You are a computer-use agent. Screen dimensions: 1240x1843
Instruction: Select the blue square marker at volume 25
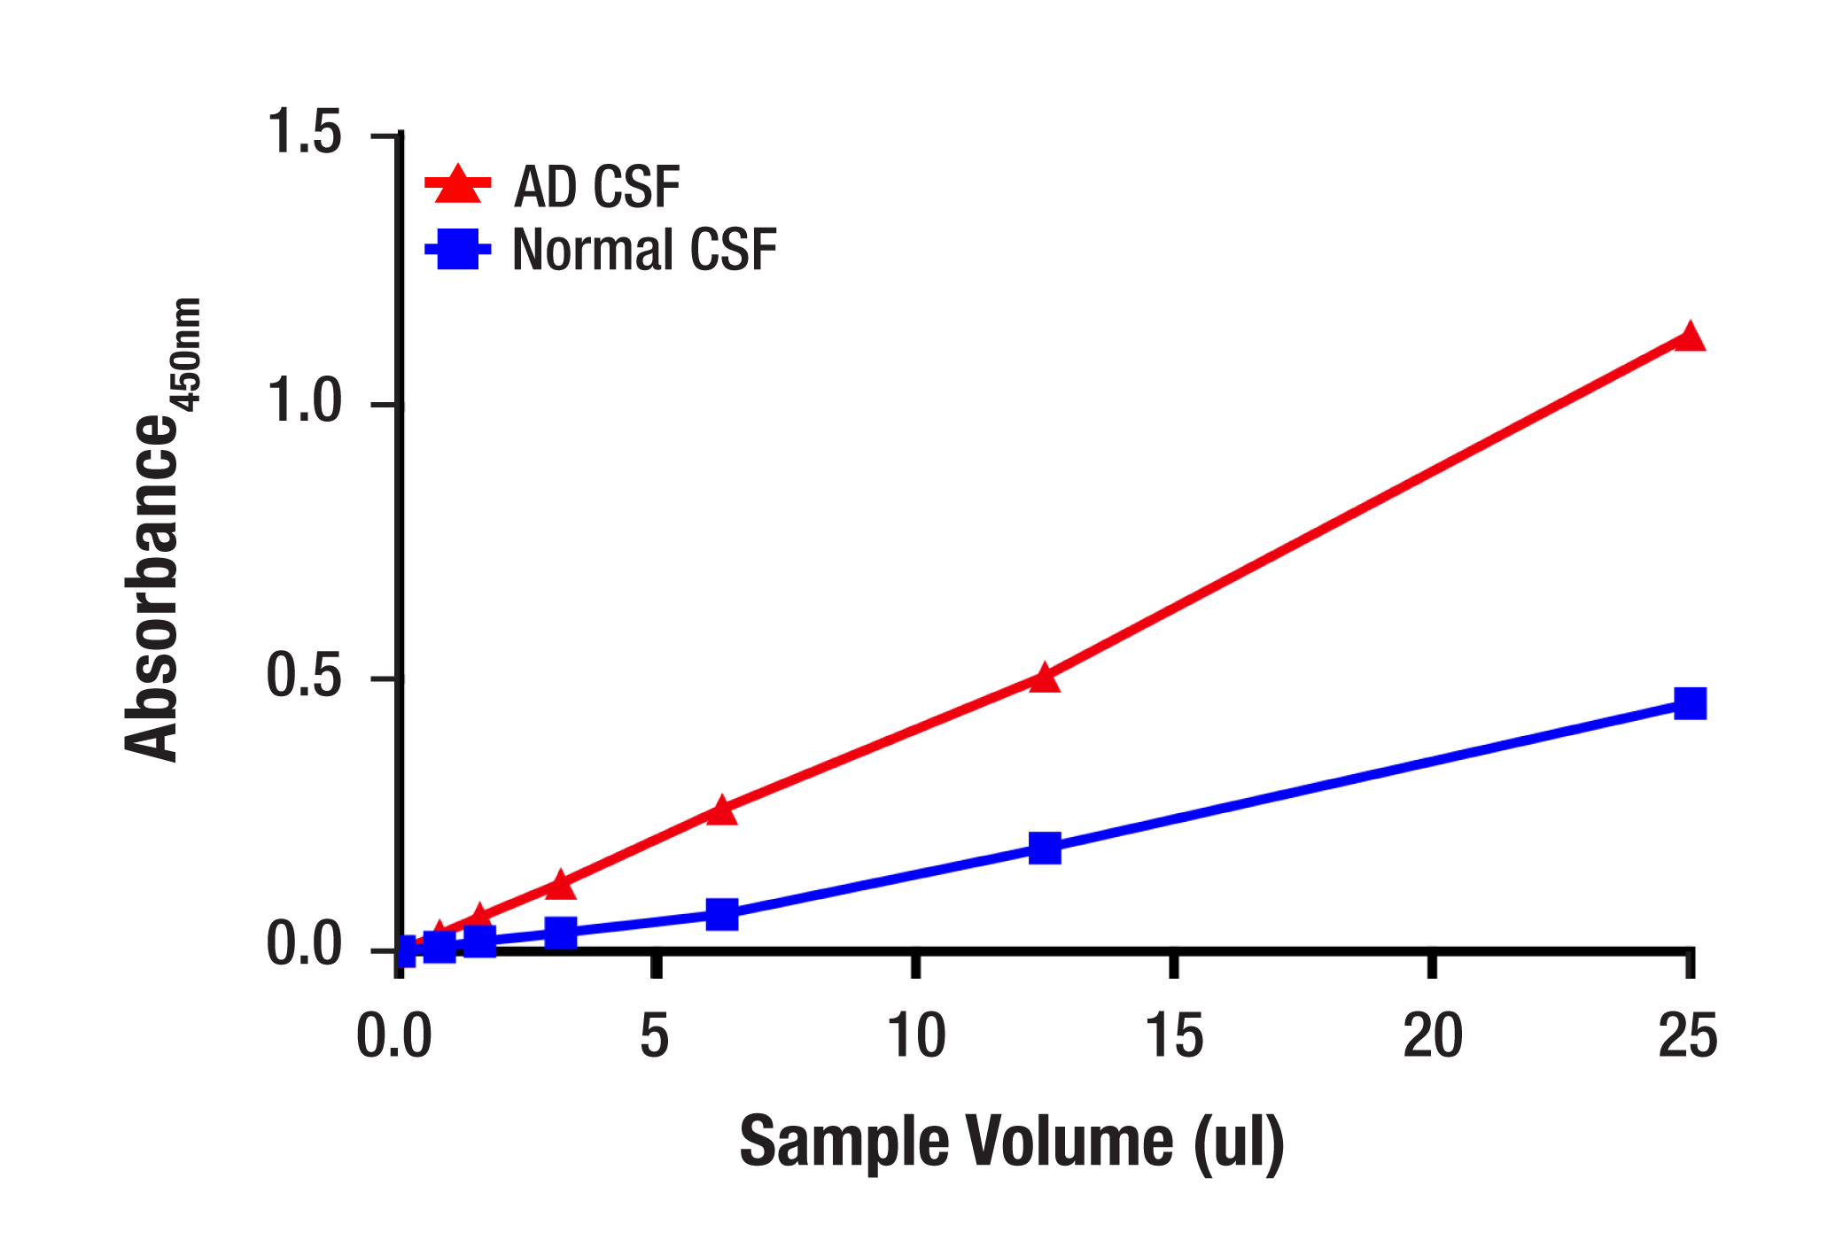(x=1690, y=703)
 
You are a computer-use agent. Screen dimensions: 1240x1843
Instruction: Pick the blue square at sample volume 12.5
(x=1046, y=848)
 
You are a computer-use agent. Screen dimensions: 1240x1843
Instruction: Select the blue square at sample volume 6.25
(x=722, y=914)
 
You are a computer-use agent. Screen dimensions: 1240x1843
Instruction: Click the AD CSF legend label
(x=596, y=187)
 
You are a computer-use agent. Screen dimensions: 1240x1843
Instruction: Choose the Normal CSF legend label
(x=644, y=250)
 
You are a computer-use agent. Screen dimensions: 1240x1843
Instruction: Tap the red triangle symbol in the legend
(x=458, y=185)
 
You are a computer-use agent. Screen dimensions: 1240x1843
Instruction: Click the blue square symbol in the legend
(x=458, y=249)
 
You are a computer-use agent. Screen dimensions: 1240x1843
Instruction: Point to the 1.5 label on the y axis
(x=304, y=133)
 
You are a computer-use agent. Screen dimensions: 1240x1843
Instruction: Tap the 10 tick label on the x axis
(x=916, y=1035)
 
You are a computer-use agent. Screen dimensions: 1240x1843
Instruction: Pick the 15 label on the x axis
(x=1174, y=1035)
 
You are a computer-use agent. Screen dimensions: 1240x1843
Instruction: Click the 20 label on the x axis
(x=1433, y=1035)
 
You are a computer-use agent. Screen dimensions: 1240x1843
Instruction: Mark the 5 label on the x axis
(x=655, y=1035)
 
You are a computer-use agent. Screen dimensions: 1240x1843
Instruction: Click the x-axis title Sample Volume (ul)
(x=1012, y=1143)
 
